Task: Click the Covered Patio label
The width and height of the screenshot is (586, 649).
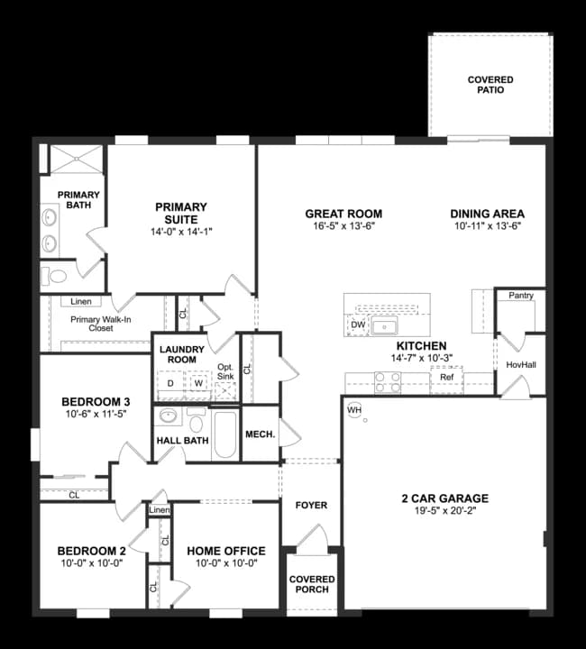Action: coord(490,85)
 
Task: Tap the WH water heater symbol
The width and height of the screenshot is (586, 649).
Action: coord(353,410)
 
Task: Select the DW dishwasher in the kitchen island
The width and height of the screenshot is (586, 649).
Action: coord(357,324)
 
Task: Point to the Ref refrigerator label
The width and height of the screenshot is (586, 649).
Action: coord(447,378)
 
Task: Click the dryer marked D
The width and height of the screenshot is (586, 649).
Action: coord(170,383)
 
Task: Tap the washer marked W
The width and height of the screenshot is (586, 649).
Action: coord(198,383)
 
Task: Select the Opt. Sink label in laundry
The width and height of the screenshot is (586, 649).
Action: coord(225,371)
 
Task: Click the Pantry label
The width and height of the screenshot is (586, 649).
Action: coord(520,296)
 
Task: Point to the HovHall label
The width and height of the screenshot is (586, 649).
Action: coord(521,364)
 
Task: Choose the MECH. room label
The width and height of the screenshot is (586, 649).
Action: coord(261,434)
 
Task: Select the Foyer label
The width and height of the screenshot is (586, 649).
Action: coord(311,505)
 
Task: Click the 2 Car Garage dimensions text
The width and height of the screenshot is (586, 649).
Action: coord(444,511)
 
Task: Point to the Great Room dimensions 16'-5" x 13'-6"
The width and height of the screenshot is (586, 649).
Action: coord(343,228)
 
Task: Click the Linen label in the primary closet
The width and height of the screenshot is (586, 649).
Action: coord(80,301)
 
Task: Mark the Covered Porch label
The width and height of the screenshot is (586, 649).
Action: coord(312,584)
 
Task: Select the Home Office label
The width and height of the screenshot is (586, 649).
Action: coord(225,551)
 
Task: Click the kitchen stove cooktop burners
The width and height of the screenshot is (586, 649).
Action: coord(387,383)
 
